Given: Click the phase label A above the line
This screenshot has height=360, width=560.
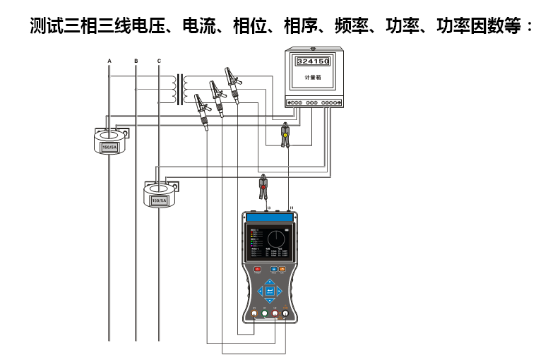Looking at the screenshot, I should pos(109,61).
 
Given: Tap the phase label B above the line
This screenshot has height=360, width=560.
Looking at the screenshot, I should pos(136,61).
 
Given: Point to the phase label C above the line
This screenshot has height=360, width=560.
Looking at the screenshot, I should pos(159,61).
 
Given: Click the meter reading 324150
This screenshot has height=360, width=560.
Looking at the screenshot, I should pos(312,62).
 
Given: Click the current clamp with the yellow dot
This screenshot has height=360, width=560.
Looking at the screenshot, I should pos(285,134).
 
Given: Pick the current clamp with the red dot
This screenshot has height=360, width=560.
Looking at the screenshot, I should pos(263,186).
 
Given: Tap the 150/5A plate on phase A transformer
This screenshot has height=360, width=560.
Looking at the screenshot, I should pos(109,148).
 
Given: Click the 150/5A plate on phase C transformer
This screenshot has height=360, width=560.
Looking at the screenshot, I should pos(159,200).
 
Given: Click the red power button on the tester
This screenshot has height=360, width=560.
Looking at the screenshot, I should pos(256,269).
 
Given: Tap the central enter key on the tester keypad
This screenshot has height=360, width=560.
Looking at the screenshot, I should pos(270,290).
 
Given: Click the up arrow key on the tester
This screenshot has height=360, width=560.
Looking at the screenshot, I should pos(270,280).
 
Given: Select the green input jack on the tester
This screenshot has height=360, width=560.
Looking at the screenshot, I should pos(264,314).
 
